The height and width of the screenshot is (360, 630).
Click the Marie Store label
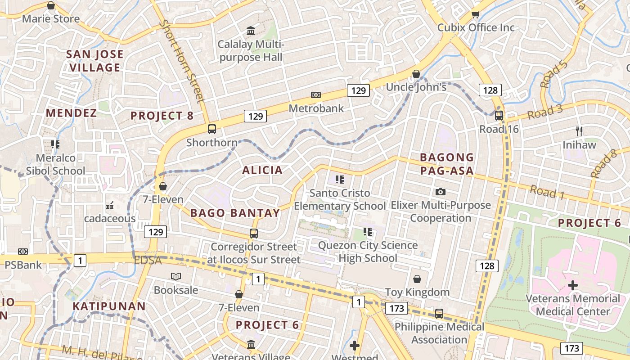coord(50,19)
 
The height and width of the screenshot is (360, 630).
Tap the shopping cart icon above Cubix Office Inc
coord(475,14)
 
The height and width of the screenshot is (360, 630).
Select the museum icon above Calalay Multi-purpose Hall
coord(251,31)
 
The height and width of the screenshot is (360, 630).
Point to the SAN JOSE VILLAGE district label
coord(94,61)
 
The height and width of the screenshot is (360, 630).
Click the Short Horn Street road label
coord(182,61)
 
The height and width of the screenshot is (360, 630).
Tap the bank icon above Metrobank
coord(316,95)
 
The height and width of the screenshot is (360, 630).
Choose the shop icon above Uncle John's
coord(416,74)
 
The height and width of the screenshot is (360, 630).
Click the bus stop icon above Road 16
coord(499,116)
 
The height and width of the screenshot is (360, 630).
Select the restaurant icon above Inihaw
coord(579,131)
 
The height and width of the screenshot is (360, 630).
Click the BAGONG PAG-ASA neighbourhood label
coord(447,164)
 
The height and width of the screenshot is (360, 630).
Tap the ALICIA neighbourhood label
coord(262,170)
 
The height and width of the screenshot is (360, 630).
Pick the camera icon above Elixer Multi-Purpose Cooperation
coord(441,192)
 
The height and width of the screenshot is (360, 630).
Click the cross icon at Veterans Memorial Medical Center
coord(573,285)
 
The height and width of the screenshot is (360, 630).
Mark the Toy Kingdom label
coord(417,292)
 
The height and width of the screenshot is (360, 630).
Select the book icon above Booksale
coord(176,276)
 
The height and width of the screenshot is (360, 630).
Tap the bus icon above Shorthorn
coord(212,129)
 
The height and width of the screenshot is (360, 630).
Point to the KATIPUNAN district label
coord(109,306)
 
